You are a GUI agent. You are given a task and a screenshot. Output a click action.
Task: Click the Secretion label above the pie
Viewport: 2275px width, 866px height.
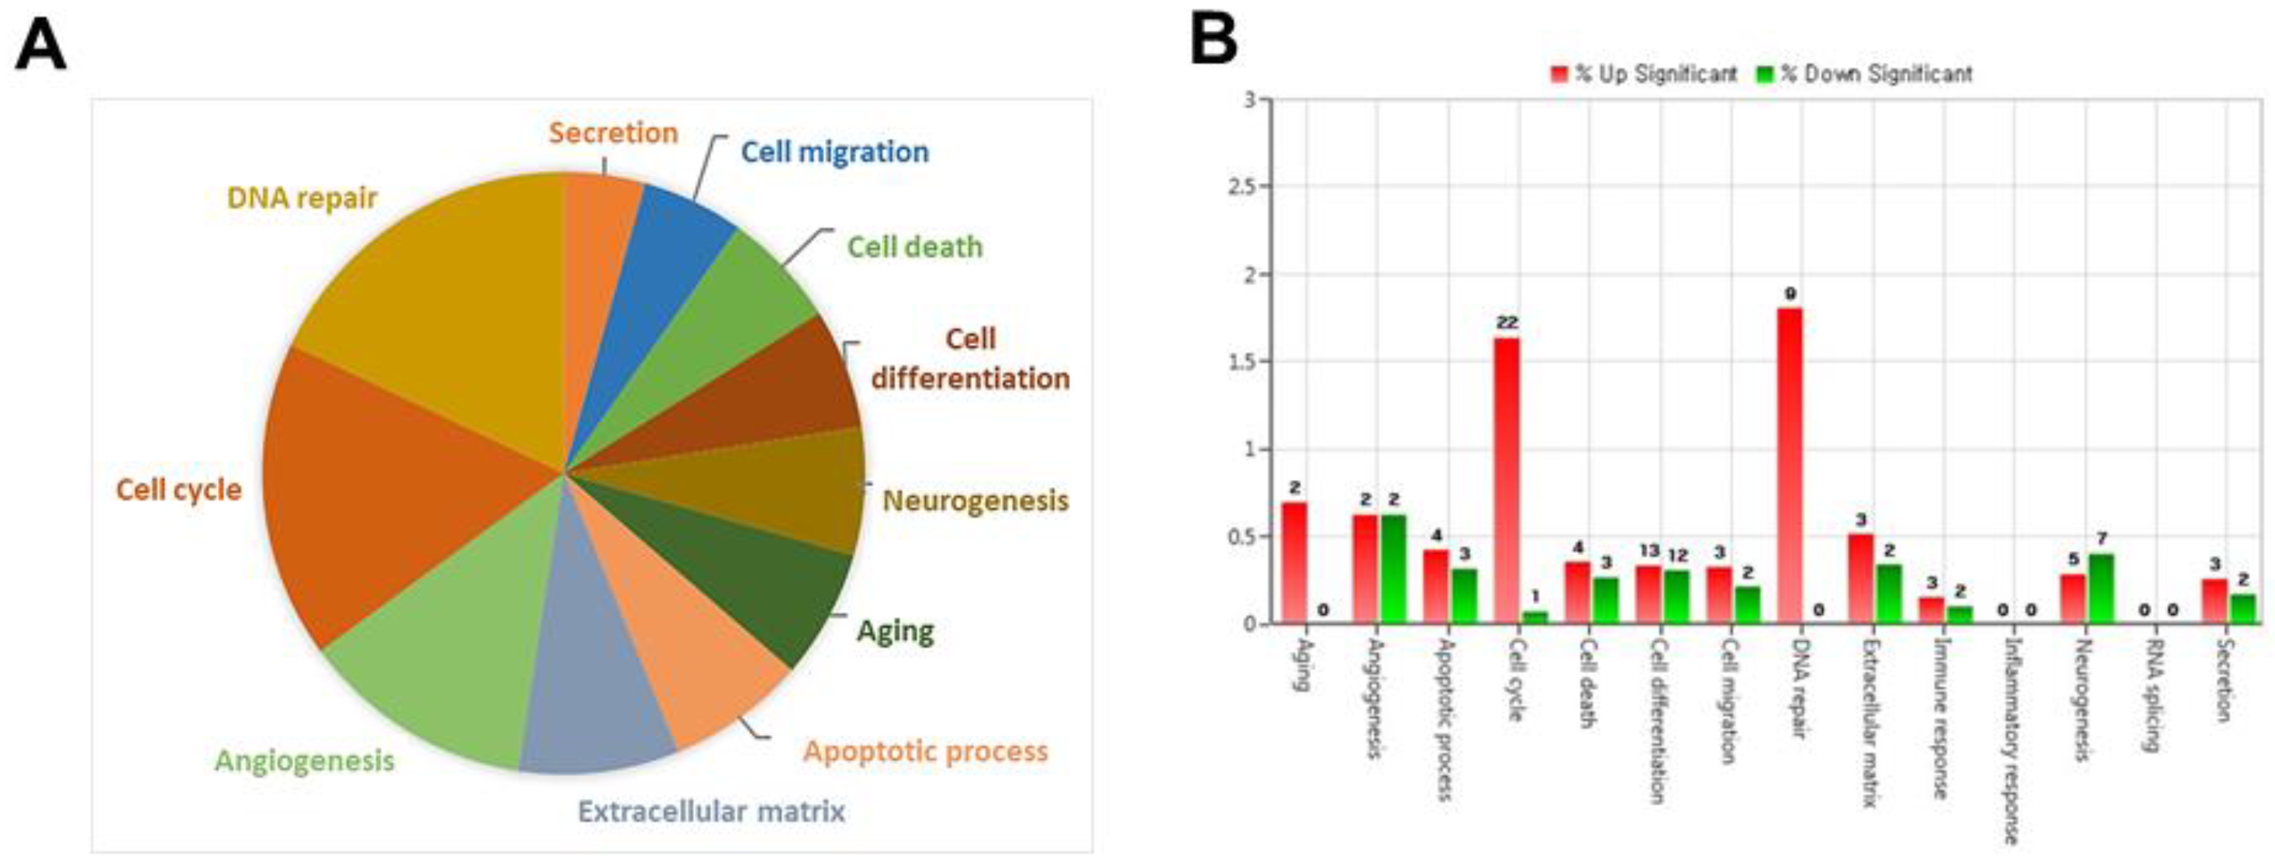coord(613,133)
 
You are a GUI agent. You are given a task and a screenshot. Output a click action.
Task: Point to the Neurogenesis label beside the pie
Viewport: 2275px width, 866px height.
coord(975,501)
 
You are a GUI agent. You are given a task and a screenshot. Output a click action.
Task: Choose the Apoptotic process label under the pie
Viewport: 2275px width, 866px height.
coord(925,751)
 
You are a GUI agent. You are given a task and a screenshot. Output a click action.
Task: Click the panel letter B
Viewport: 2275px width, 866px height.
coord(1213,39)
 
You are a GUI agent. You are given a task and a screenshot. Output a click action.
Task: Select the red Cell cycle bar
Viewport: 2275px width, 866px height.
coord(1507,481)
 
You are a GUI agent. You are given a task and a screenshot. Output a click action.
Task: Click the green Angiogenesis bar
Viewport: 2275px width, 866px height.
coord(1393,569)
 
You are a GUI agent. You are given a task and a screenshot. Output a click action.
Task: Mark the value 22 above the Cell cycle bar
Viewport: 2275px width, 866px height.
coord(1507,323)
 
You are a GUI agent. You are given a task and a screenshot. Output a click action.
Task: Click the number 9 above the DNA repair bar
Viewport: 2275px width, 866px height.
coord(1790,294)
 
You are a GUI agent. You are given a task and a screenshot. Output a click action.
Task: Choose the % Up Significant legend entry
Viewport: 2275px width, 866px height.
coord(1644,74)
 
